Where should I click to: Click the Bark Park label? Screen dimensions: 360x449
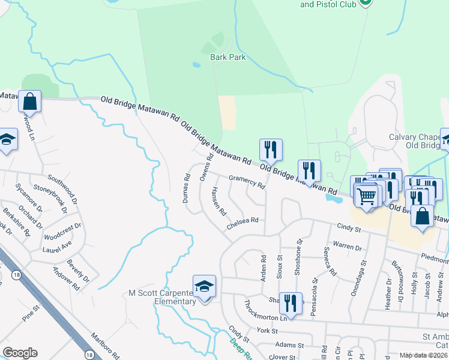point(228,58)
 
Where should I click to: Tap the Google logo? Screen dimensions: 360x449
point(20,353)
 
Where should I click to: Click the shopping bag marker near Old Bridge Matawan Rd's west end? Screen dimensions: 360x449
point(29,102)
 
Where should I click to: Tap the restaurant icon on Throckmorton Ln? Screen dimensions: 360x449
point(291,304)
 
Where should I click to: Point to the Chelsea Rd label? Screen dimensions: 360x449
point(242,223)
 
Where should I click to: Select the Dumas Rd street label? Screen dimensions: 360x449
point(187,188)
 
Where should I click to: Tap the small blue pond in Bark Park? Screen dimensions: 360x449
point(196,64)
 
